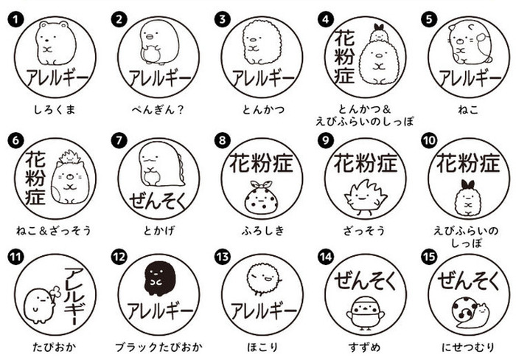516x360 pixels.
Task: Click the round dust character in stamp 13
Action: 257,279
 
